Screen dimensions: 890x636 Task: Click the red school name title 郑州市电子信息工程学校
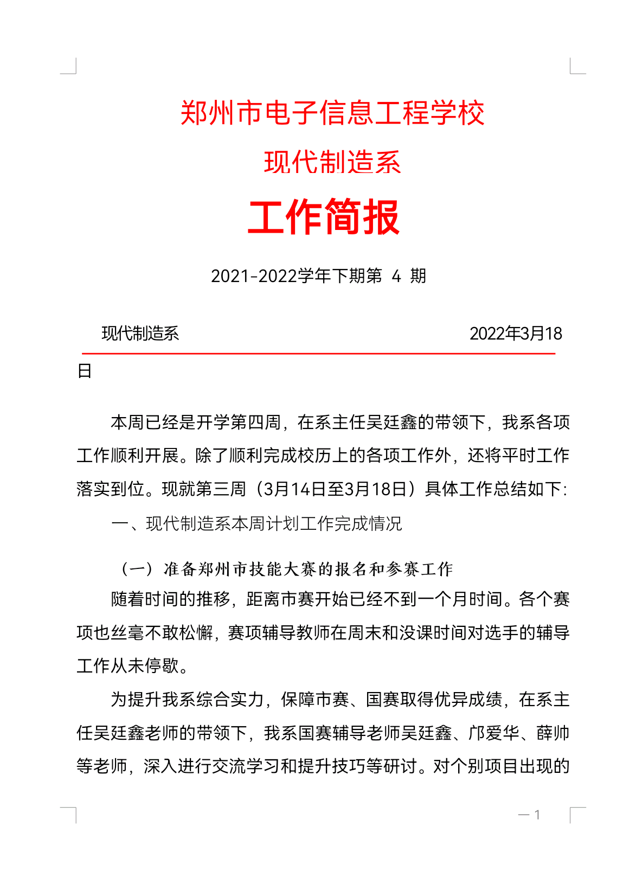332,113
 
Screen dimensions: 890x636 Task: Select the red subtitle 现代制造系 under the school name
332,162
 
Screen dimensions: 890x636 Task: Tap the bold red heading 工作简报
324,217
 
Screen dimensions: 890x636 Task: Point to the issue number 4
396,276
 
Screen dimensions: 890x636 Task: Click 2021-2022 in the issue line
253,276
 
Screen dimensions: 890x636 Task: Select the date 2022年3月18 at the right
516,334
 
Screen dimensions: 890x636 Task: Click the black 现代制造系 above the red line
140,334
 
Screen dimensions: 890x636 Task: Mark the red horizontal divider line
319,353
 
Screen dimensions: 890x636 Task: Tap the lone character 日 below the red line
85,371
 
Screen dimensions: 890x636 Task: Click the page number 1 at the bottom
537,815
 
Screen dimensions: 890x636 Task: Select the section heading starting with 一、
256,523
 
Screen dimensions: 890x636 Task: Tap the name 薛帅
553,733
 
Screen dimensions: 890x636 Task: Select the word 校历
315,456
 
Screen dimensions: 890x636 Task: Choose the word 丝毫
127,632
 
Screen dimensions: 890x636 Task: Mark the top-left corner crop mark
69,67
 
